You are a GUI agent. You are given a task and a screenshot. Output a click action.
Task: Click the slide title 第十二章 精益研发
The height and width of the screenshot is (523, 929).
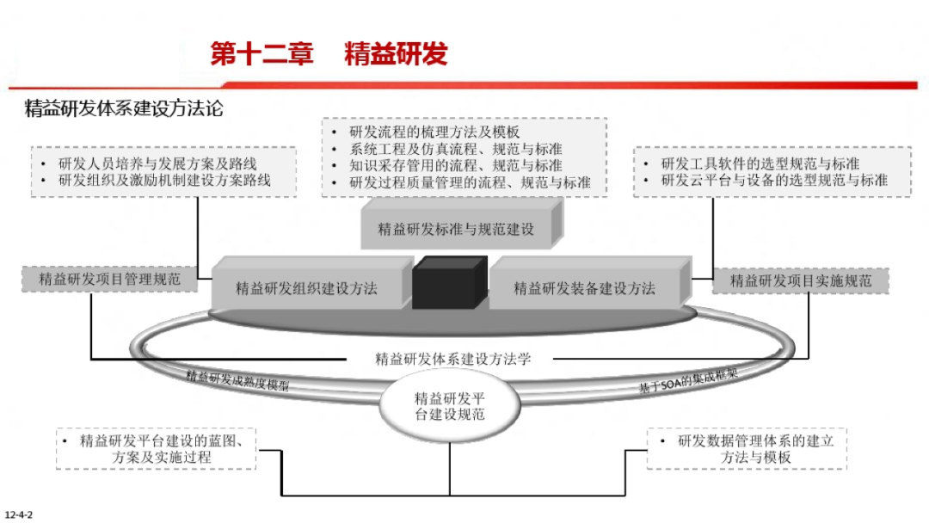[x=329, y=54]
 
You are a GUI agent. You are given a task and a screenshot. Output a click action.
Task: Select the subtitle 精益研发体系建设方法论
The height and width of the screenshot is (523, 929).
[x=124, y=109]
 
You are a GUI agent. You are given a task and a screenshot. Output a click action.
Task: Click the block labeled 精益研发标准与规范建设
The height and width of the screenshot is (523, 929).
[x=456, y=229]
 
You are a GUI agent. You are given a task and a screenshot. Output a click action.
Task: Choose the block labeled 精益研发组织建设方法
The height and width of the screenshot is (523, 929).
[x=306, y=287]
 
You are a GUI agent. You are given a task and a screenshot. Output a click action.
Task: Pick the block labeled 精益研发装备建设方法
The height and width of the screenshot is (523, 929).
[x=584, y=287]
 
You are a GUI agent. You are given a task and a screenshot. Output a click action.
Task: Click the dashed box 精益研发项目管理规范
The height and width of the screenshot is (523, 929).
[x=109, y=279]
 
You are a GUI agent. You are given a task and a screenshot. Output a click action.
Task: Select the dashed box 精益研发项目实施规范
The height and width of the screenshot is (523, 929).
[x=800, y=280]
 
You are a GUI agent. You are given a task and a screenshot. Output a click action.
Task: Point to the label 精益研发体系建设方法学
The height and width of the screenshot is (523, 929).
[x=453, y=359]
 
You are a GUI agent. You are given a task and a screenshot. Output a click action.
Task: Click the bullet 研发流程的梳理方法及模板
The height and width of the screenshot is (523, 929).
[x=434, y=132]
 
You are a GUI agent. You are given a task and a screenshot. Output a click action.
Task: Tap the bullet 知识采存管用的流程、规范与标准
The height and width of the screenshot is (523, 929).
[x=456, y=165]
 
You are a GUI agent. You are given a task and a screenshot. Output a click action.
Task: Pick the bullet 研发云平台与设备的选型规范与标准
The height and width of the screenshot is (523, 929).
[x=774, y=180]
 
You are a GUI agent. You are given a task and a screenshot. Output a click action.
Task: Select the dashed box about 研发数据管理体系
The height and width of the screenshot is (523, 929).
[x=746, y=448]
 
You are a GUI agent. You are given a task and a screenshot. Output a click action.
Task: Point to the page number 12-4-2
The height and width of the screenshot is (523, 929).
[x=18, y=514]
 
